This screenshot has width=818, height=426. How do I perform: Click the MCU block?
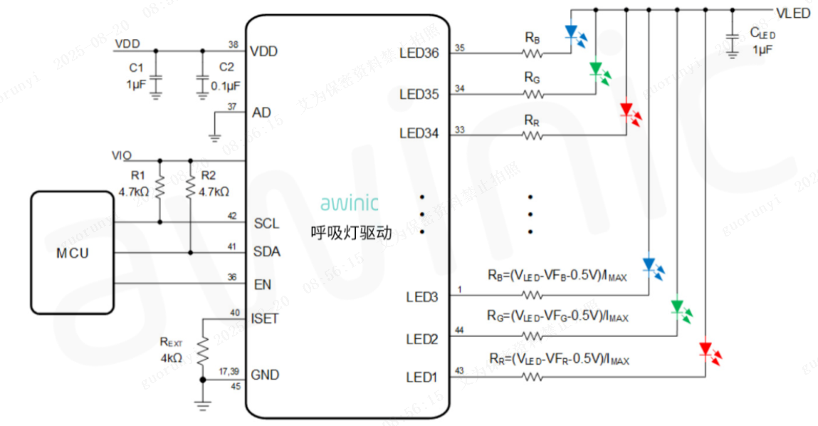[72, 253]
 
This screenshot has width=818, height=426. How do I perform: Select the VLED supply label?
[792, 14]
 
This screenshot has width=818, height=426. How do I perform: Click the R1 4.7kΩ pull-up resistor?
[159, 187]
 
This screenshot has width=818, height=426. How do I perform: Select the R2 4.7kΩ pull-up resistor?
[190, 187]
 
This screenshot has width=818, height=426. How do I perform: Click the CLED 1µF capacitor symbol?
[730, 37]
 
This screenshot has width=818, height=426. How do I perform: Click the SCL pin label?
[266, 224]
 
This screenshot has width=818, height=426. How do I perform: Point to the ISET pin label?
[265, 318]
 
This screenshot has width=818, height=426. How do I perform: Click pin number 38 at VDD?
[233, 44]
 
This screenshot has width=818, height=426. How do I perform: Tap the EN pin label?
[262, 285]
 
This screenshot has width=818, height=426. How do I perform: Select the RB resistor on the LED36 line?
[532, 53]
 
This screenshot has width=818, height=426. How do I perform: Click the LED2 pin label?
[421, 339]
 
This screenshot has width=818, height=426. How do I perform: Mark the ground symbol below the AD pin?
[215, 134]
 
